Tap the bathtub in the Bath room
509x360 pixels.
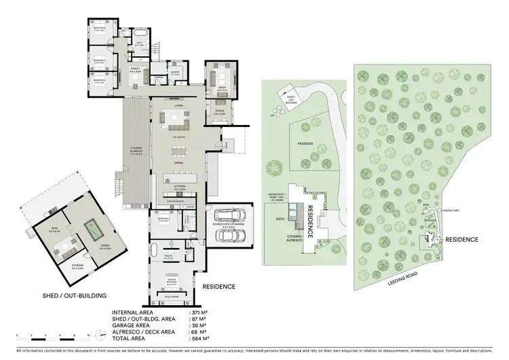point(140,33)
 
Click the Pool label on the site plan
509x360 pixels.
point(292,211)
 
